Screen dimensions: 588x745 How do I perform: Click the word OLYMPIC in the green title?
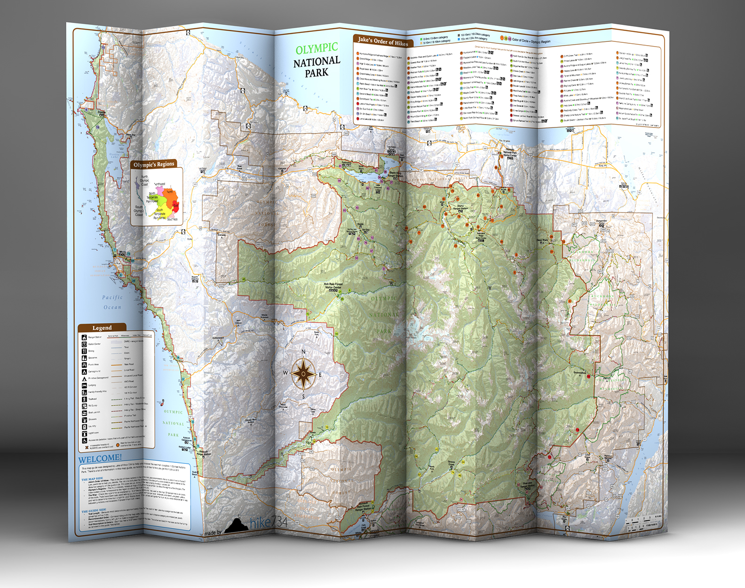317,48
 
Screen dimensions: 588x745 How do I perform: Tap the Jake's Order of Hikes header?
382,42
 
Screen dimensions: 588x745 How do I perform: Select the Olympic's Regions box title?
154,165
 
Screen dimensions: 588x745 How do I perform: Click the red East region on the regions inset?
176,205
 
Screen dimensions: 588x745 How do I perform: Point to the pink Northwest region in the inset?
169,191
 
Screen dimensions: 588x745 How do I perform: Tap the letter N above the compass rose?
303,352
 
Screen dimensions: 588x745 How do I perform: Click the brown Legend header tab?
102,328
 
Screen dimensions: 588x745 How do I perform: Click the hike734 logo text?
268,522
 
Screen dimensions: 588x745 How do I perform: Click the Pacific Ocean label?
112,302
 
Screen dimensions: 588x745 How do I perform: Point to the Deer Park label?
542,240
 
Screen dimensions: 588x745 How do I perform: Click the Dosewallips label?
579,373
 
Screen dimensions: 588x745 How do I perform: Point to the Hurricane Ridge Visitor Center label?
481,235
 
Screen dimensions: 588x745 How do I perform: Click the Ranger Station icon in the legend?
84,337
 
